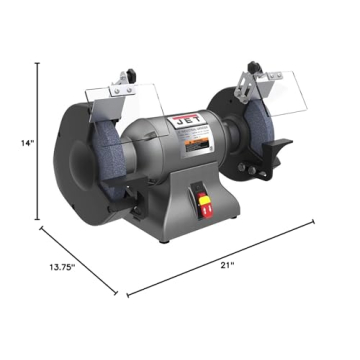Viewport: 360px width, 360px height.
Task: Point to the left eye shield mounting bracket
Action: (x=129, y=75)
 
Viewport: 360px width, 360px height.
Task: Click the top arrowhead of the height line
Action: (x=40, y=63)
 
